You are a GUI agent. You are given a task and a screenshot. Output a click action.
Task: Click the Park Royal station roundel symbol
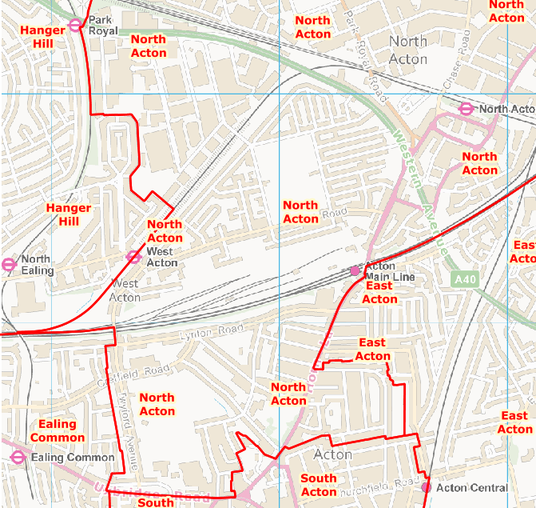coord(75,25)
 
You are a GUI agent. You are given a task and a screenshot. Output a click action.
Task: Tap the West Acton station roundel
coord(133,257)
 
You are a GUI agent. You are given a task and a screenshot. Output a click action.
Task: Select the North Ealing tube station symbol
coord(9,264)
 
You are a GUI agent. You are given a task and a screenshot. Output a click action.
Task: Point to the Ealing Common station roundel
coord(18,458)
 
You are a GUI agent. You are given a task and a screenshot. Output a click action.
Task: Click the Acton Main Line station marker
coord(355,271)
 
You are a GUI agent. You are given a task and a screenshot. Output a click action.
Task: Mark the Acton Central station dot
coord(426,486)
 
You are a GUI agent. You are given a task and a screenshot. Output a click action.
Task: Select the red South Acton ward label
coord(318,485)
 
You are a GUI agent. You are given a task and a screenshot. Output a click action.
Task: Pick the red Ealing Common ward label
coord(57,430)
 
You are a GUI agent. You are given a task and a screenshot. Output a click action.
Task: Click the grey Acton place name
coord(333,454)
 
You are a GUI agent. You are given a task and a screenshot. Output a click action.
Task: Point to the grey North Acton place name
coord(407,50)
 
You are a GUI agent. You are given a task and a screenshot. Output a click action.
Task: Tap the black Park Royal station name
coord(102,25)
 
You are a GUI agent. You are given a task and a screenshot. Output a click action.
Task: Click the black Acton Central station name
coord(472,487)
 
